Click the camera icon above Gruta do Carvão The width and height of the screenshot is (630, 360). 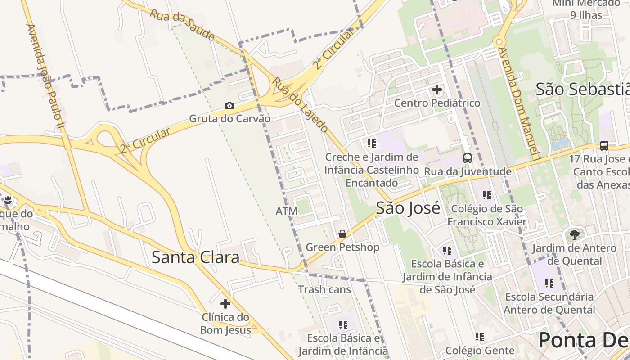point(229,105)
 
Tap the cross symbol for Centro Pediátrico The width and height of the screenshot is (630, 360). point(436,90)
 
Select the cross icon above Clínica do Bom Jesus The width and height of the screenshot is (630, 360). point(225,304)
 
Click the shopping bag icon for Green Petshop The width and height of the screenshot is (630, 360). point(342,234)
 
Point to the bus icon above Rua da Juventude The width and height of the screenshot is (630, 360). point(468,158)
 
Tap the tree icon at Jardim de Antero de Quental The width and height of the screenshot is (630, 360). point(574,234)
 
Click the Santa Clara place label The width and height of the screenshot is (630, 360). point(195,257)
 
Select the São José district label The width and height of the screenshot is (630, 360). point(408,208)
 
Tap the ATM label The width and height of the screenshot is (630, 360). point(287,211)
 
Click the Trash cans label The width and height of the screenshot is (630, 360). point(324,289)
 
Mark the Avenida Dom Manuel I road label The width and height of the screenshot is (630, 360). point(518,103)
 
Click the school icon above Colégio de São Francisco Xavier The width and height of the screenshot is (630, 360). point(486,195)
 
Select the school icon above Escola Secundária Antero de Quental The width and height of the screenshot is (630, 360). point(549,283)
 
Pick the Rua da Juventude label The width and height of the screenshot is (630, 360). point(468,171)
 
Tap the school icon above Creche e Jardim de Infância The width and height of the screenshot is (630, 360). point(371,144)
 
